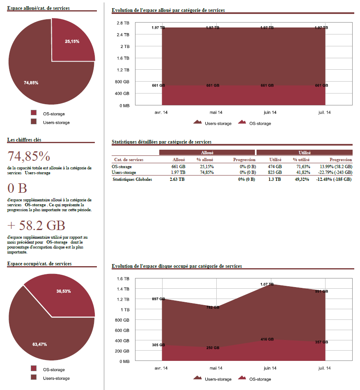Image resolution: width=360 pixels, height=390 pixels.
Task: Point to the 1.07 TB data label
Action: [x=266, y=284]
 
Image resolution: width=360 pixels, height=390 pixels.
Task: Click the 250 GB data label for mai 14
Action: [x=213, y=348]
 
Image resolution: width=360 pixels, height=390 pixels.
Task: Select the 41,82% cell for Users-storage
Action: [x=301, y=173]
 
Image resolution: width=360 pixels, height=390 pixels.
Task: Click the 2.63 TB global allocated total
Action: [x=177, y=179]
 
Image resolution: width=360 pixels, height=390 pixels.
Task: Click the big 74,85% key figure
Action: [x=29, y=156]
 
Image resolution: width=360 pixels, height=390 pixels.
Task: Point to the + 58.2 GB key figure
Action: [x=37, y=226]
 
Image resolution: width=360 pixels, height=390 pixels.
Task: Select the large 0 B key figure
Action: [x=17, y=188]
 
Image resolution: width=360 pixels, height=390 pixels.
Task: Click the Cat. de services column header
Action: [x=128, y=160]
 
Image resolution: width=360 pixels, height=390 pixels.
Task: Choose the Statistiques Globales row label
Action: [x=132, y=179]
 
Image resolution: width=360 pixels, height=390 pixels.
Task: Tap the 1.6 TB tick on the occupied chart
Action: [x=123, y=279]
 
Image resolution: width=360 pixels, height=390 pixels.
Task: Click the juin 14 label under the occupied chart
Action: [x=270, y=368]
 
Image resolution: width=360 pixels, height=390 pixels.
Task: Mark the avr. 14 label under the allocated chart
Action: [x=161, y=112]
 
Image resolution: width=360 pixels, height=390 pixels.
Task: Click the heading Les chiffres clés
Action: [x=24, y=140]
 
